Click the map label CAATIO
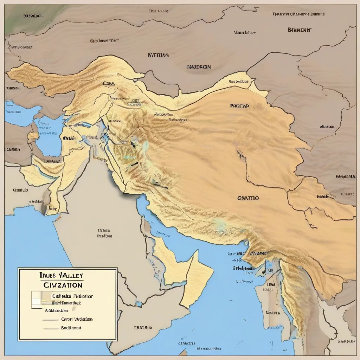pyautogui.click(x=248, y=198)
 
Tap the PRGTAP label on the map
pyautogui.click(x=239, y=105)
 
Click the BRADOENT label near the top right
pyautogui.click(x=299, y=30)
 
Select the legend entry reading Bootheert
pyautogui.click(x=71, y=328)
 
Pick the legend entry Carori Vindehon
pyautogui.click(x=77, y=319)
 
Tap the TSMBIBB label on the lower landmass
pyautogui.click(x=143, y=327)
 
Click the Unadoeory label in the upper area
pyautogui.click(x=245, y=32)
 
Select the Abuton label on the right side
pyautogui.click(x=327, y=126)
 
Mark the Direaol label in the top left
pyautogui.click(x=33, y=16)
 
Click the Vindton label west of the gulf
pyautogui.click(x=104, y=236)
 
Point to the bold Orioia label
pyautogui.click(x=69, y=139)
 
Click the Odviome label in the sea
pyautogui.click(x=244, y=281)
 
